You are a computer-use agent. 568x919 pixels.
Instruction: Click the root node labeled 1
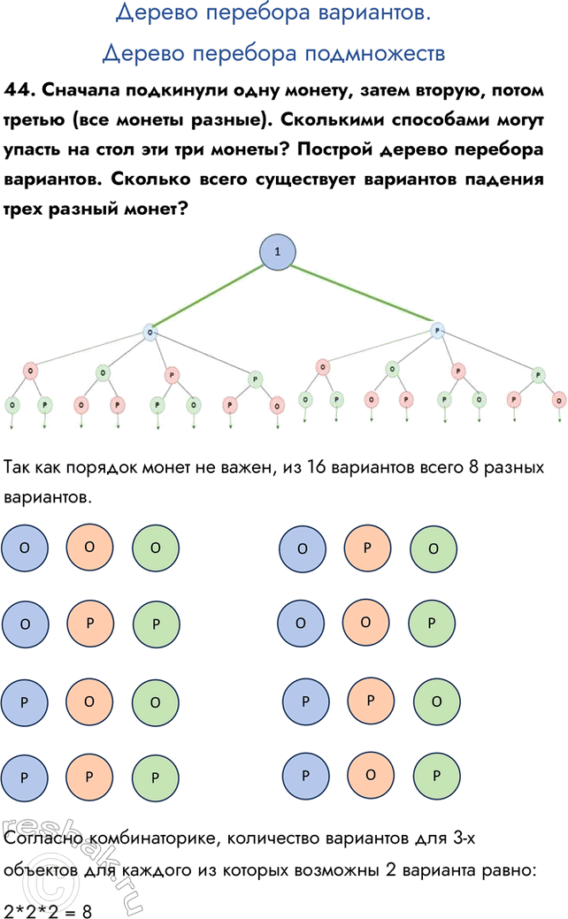tap(278, 252)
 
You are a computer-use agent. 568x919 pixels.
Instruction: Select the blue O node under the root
tap(150, 333)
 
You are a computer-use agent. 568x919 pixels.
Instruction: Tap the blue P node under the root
tap(437, 331)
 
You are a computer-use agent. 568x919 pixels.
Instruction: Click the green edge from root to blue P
tap(358, 292)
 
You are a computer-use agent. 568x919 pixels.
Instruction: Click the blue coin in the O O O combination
tap(24, 547)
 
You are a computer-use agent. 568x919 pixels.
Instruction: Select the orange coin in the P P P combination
tap(89, 777)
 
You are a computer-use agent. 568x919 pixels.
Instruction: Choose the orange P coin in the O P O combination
tap(366, 548)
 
